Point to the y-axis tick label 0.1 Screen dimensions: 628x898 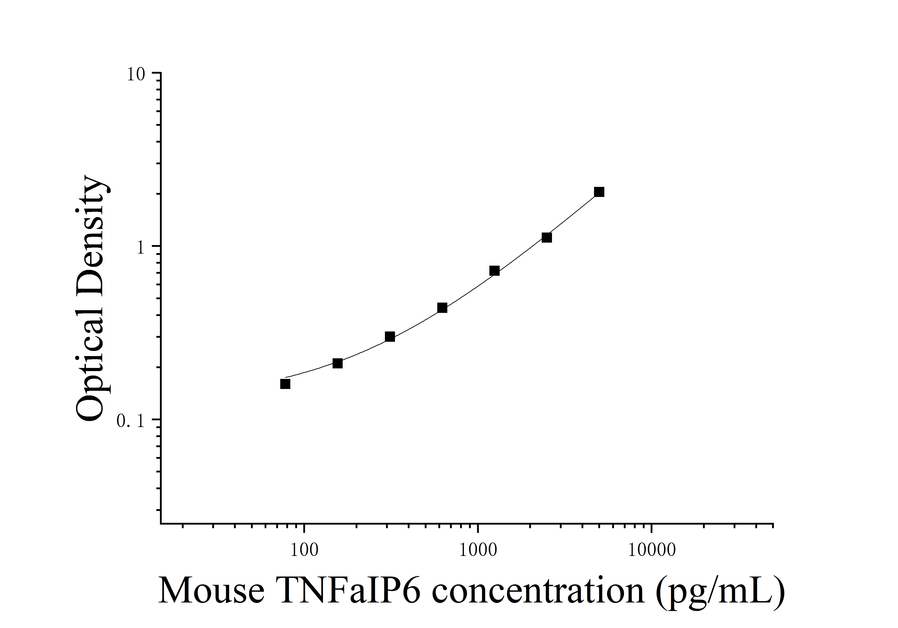point(130,421)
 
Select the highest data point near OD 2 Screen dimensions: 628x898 point(599,192)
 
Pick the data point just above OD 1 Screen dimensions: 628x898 point(547,237)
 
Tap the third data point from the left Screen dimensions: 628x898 point(390,337)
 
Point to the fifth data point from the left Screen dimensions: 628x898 point(494,271)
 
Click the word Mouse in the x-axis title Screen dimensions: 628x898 point(211,591)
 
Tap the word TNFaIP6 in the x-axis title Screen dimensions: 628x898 point(348,591)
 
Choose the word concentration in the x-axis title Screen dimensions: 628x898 point(538,591)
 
